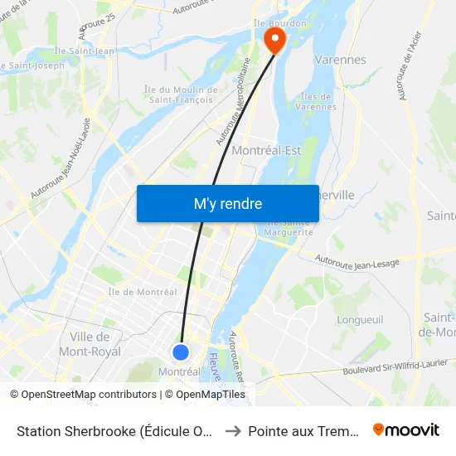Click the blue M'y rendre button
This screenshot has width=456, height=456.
point(227,203)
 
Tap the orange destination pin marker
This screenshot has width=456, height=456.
point(273,39)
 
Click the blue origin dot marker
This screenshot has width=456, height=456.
point(181,352)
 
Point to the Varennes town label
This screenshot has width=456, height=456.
point(340,60)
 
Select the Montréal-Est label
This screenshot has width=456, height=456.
point(266,150)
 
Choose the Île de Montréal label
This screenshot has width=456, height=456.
point(142,292)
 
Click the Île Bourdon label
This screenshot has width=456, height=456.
point(279,23)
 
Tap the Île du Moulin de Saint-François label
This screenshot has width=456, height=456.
point(181,95)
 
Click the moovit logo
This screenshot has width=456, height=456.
point(406,429)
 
